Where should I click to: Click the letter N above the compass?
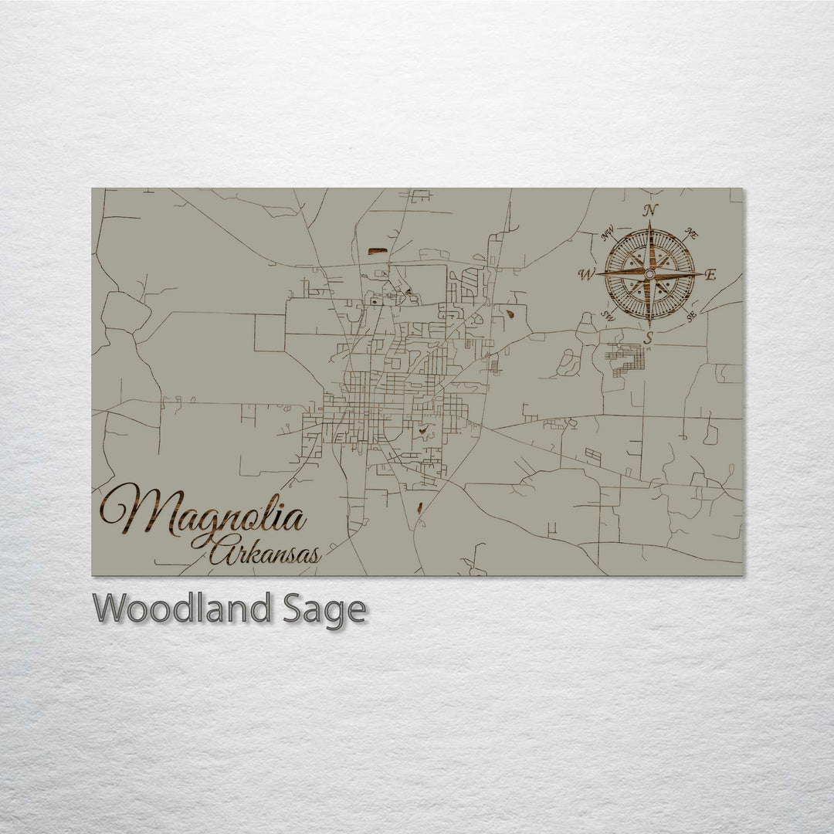pos(650,210)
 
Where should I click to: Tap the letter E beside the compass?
pos(710,274)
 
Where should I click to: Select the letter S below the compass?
pos(649,337)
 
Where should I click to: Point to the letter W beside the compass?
pos(587,274)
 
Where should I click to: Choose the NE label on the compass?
pos(692,232)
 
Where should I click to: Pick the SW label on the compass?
pos(608,316)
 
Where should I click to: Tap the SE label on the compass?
pos(691,316)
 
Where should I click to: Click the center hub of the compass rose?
pos(649,274)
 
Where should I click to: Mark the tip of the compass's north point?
pos(649,222)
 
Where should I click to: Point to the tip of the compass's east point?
pos(701,274)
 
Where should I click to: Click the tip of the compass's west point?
pos(597,274)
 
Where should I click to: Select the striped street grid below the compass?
pos(625,358)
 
